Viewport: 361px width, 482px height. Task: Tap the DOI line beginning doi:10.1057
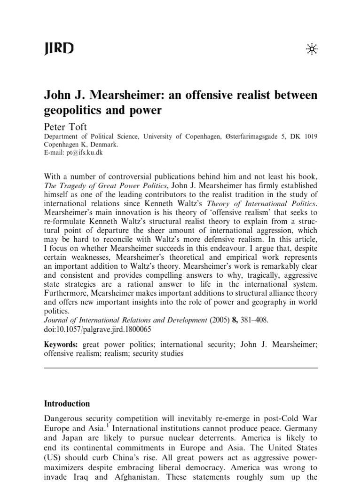point(97,329)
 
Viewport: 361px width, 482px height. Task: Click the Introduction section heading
point(67,403)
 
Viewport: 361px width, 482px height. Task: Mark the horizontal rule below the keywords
point(180,369)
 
